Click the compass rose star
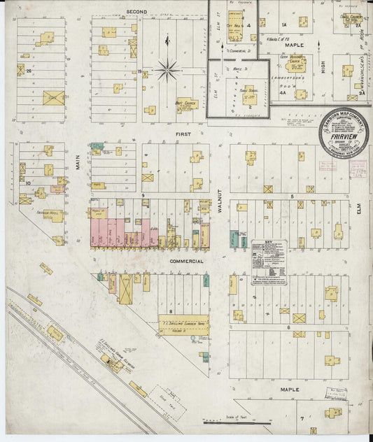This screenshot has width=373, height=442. pyautogui.click(x=168, y=70)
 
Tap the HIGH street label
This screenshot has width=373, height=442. pyautogui.click(x=323, y=67)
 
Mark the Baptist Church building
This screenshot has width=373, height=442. pyautogui.click(x=187, y=104)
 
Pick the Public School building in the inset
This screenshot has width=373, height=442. pyautogui.click(x=248, y=94)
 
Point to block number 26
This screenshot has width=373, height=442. pyautogui.click(x=29, y=71)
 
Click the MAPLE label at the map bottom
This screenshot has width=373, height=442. pyautogui.click(x=290, y=388)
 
